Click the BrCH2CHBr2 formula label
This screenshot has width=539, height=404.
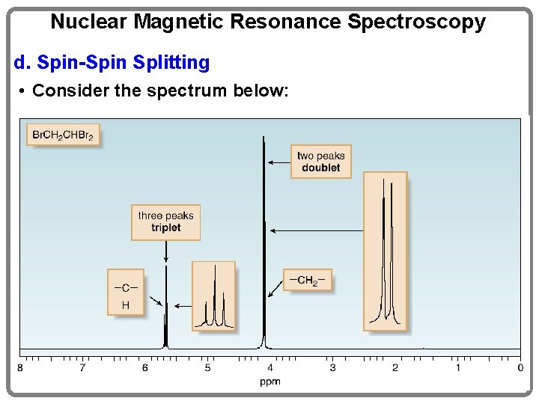[x=64, y=135]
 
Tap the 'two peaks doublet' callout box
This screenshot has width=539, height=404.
[x=320, y=162]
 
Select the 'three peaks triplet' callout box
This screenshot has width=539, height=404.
[x=165, y=221]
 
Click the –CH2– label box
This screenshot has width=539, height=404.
[x=307, y=281]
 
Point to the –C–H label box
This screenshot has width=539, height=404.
[x=125, y=293]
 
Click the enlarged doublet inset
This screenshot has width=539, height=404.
[x=386, y=251]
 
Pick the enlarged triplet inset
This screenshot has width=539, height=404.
[x=213, y=296]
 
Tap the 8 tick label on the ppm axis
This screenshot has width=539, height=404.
[x=20, y=367]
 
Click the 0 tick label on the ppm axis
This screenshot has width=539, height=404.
[x=520, y=367]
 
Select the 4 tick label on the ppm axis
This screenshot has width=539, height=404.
[x=270, y=367]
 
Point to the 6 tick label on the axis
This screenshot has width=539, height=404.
[x=145, y=367]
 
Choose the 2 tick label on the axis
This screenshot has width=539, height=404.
[x=395, y=367]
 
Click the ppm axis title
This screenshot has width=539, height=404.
[x=270, y=382]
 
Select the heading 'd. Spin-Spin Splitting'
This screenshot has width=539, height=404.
[x=112, y=62]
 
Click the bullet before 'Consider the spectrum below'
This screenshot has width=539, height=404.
[x=24, y=91]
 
